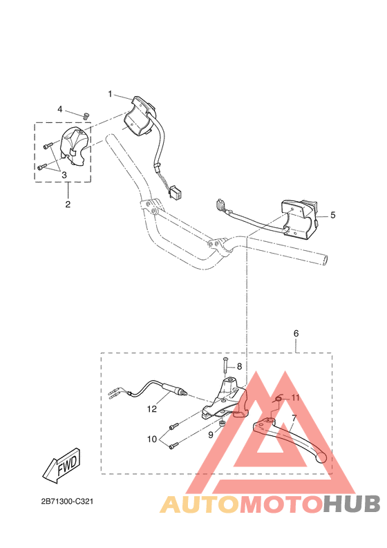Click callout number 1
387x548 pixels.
109,93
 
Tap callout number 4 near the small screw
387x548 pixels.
60,109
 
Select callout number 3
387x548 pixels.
64,175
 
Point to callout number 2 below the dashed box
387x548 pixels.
67,204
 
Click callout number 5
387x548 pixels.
332,215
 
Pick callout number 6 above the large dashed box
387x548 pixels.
296,333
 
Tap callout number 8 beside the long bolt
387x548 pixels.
240,366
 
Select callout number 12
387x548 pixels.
152,408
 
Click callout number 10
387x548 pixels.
152,440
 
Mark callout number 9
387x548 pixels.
211,435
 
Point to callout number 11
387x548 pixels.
295,398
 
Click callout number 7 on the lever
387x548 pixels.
294,419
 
